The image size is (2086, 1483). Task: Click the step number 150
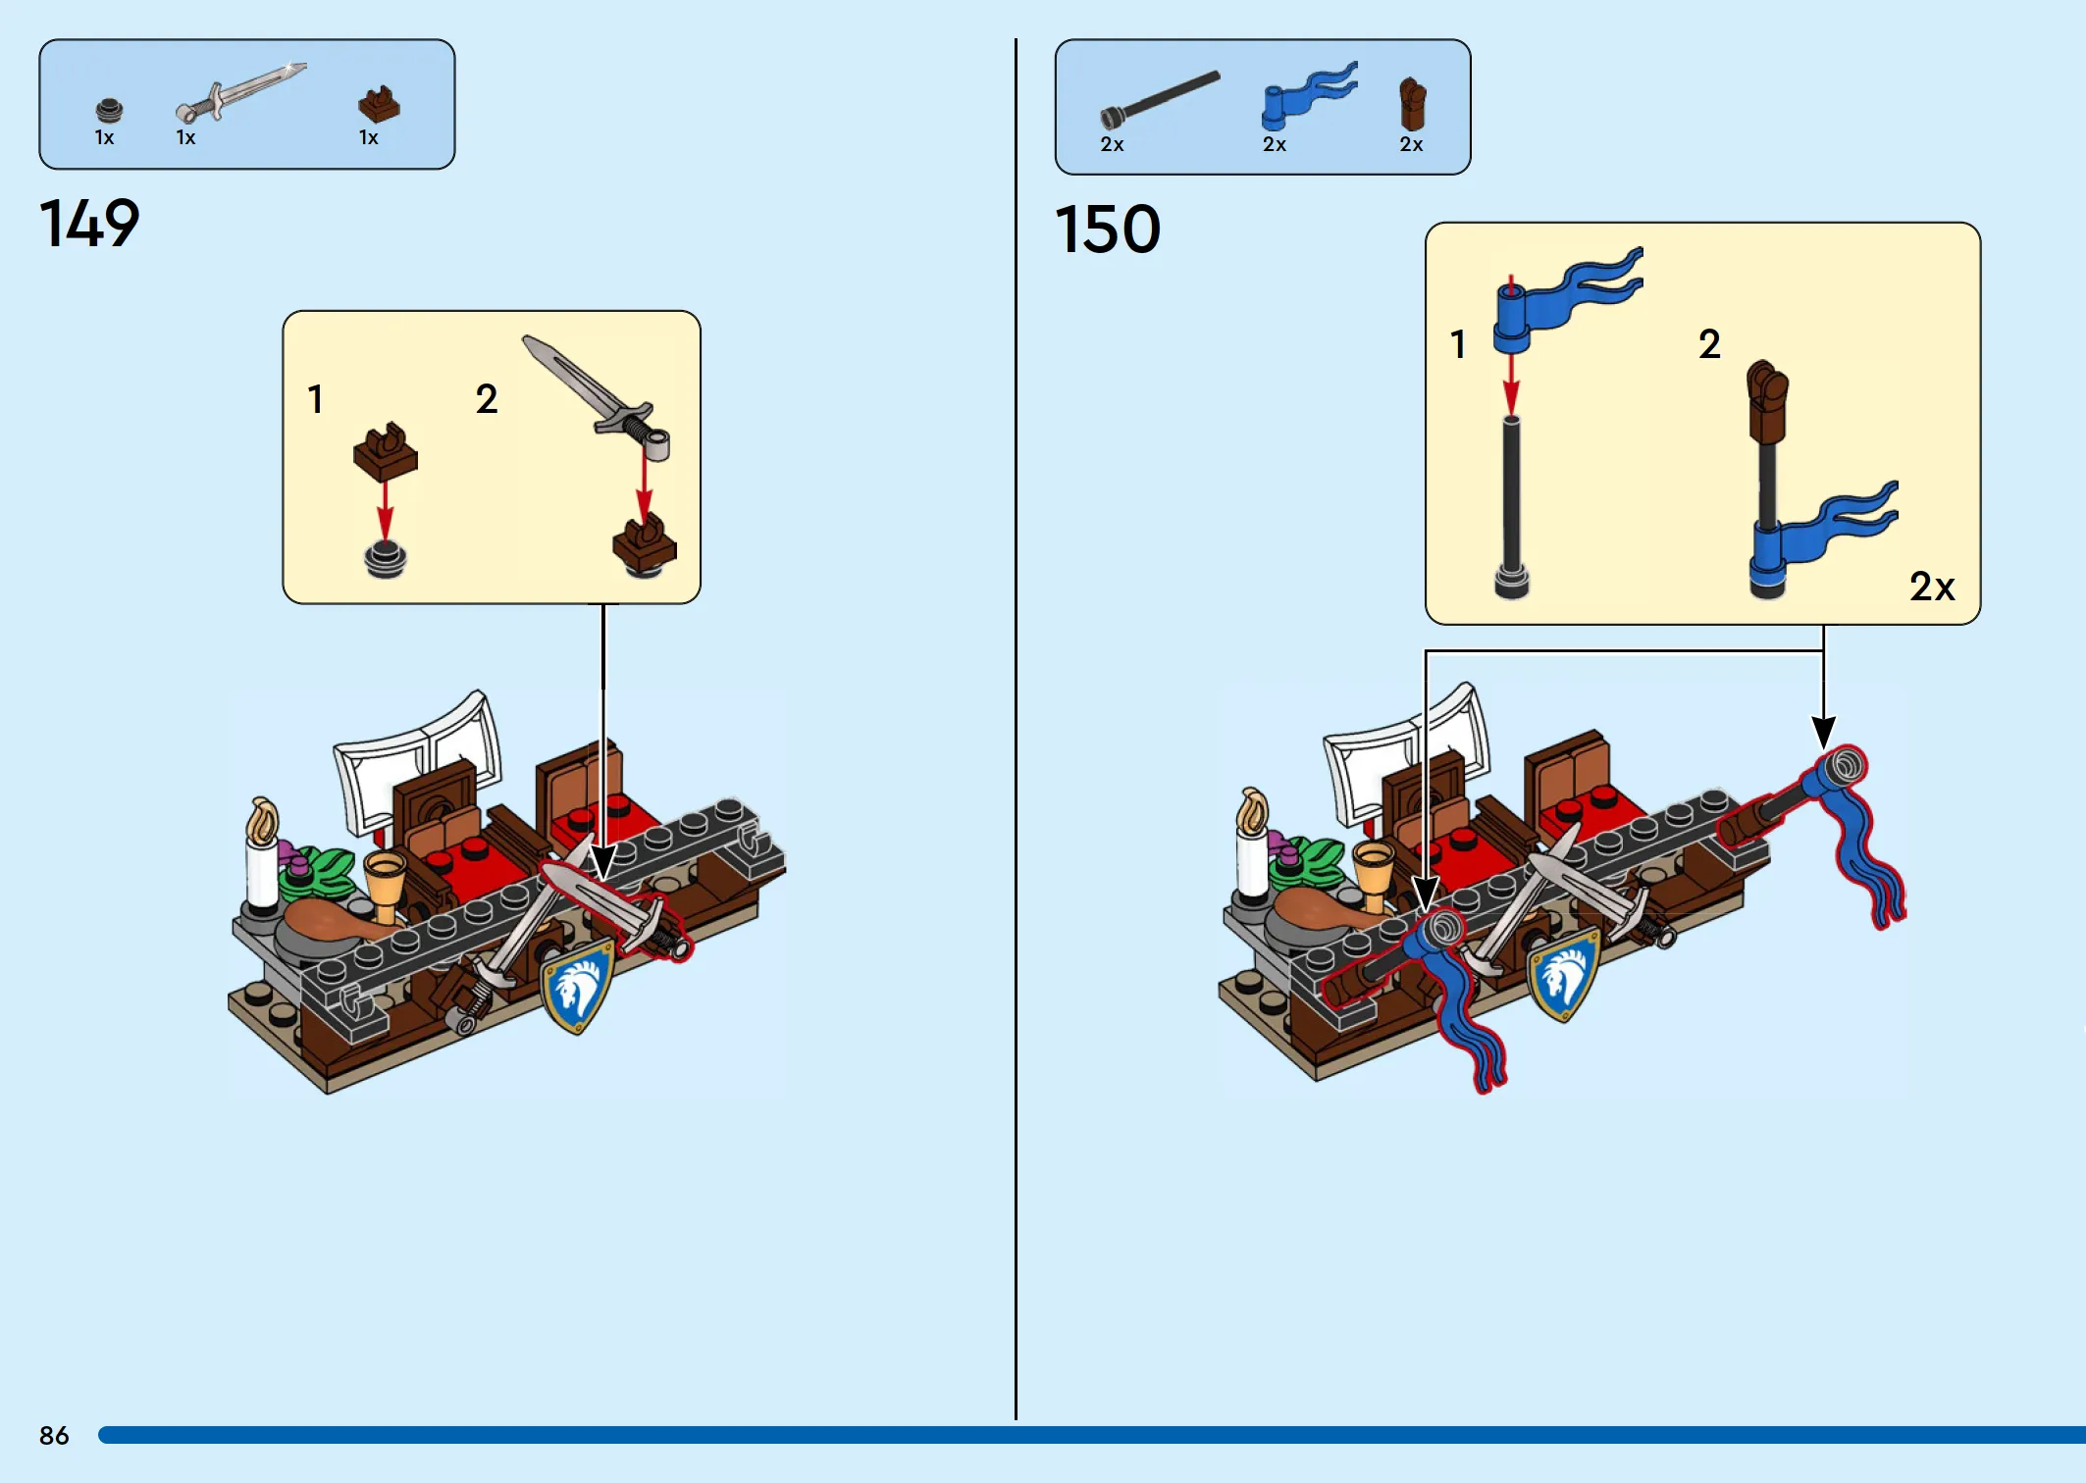click(1108, 230)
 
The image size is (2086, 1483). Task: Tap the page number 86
click(54, 1435)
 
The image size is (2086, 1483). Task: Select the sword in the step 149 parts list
click(240, 92)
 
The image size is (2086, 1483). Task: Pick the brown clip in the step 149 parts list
click(379, 104)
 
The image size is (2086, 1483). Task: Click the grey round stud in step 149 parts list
click(109, 109)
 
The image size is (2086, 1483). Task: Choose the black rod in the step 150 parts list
click(1160, 99)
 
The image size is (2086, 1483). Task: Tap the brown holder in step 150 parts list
click(1412, 104)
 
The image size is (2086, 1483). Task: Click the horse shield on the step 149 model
click(578, 985)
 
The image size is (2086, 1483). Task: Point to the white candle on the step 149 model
click(262, 859)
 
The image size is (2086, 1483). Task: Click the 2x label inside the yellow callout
click(1932, 587)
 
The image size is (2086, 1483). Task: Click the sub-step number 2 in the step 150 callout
click(1709, 344)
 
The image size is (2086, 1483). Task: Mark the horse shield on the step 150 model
click(1564, 973)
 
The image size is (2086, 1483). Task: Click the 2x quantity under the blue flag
click(1274, 144)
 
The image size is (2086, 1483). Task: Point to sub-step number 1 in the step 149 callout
click(315, 399)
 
